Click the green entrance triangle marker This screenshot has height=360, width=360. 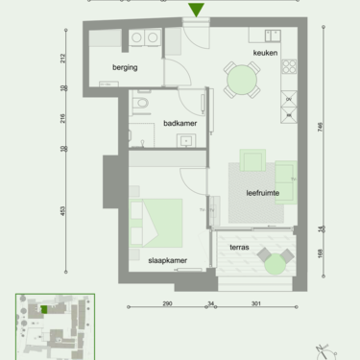[x=196, y=11]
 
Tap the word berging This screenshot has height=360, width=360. [x=125, y=68]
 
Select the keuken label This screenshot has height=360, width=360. [x=266, y=53]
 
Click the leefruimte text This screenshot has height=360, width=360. [x=262, y=192]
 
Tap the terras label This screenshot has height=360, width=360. [x=239, y=247]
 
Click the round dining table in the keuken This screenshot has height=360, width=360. [x=240, y=79]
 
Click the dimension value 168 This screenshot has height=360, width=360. [x=324, y=254]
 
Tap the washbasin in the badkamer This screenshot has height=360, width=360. [x=184, y=141]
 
